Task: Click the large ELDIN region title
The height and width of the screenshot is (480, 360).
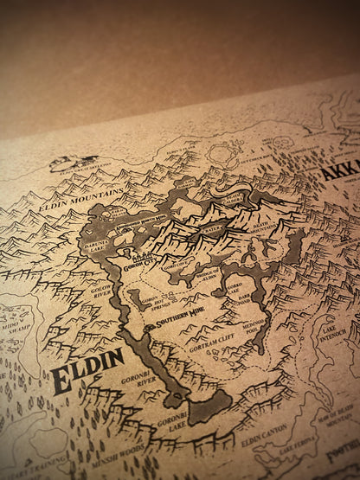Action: point(87,370)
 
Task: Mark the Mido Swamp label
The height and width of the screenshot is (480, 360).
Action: point(16,322)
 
